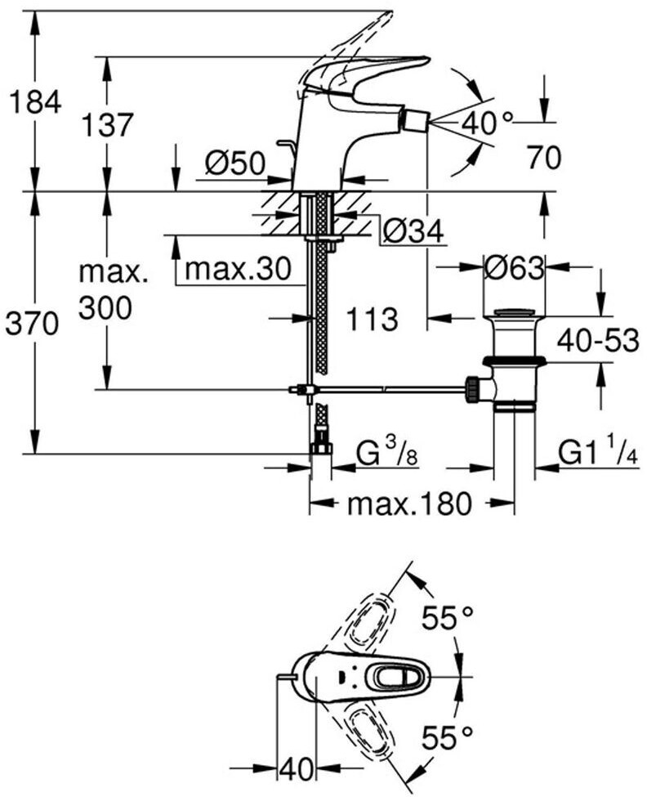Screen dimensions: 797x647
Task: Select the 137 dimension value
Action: [106, 125]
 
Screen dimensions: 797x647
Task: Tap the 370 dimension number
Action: [33, 325]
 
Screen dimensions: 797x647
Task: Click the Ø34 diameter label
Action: [412, 233]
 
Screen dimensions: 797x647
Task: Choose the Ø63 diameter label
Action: [514, 267]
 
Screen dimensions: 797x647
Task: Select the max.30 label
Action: [238, 269]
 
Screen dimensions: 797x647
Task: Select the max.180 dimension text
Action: [408, 504]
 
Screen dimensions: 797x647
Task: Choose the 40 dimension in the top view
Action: [297, 769]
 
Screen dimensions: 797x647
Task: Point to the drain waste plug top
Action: [513, 312]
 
